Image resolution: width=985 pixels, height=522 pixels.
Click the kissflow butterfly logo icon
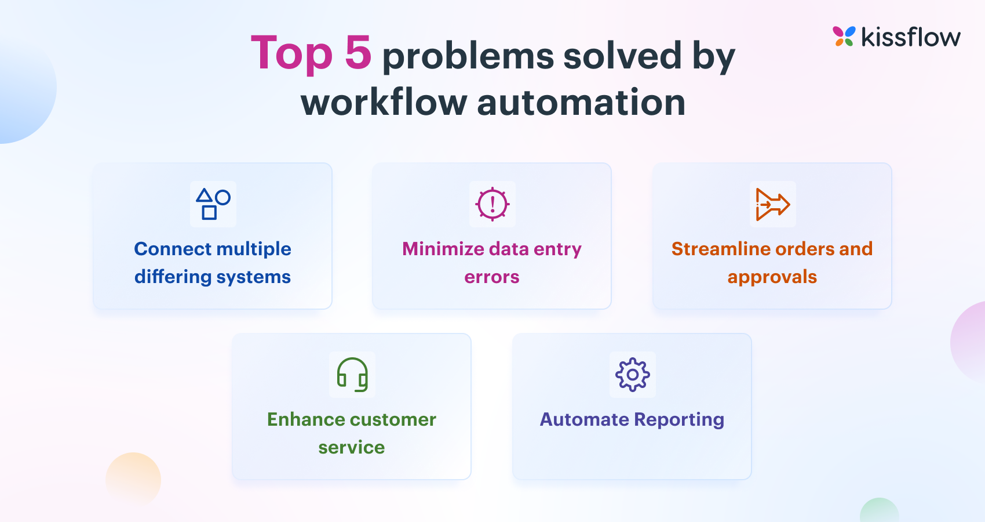coord(844,37)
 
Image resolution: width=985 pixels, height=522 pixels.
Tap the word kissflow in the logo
coord(910,38)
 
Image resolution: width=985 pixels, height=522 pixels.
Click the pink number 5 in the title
coord(357,53)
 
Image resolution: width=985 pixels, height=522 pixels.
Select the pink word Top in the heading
coord(291,54)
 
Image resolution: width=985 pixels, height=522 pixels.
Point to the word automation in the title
coord(581,103)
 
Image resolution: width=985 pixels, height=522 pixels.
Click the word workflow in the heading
coord(384,103)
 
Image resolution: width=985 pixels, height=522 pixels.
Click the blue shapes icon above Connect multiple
coord(213,204)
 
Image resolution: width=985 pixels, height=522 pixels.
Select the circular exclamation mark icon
coord(492,204)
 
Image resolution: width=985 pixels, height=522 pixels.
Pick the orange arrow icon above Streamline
coord(772,204)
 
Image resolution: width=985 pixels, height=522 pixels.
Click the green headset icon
coord(352,375)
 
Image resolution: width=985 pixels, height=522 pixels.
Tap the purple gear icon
coord(632,375)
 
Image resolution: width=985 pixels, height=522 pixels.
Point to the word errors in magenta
coord(491,277)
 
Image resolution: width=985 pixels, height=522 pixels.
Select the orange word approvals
coord(772,277)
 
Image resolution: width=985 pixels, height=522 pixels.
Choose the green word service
coord(351,447)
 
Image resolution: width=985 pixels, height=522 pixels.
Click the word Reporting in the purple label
coord(679,419)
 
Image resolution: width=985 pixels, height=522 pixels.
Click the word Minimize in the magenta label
coord(443,249)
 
